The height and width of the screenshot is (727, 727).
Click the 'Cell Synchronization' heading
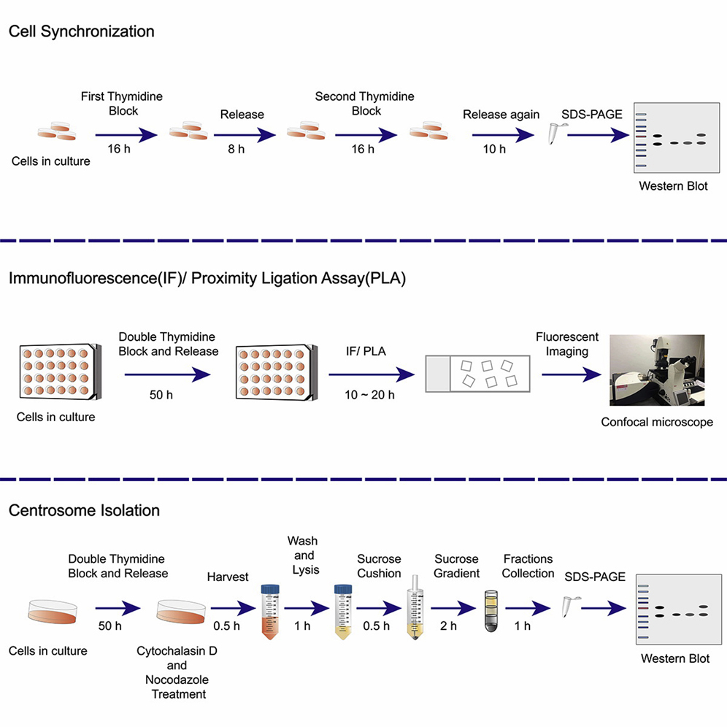pyautogui.click(x=81, y=31)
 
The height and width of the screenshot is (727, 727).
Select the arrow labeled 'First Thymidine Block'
pyautogui.click(x=126, y=134)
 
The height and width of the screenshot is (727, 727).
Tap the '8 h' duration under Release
pyautogui.click(x=242, y=150)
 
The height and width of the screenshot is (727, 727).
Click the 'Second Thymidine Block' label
pyautogui.click(x=364, y=104)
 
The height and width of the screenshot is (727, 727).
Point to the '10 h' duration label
pyautogui.click(x=494, y=150)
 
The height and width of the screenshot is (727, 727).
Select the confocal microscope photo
pyautogui.click(x=657, y=370)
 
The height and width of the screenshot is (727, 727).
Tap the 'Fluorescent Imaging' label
pyautogui.click(x=567, y=344)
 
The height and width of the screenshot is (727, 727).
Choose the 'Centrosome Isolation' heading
pyautogui.click(x=84, y=510)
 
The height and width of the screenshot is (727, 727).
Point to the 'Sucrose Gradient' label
pyautogui.click(x=456, y=566)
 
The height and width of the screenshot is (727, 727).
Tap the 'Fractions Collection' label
pyautogui.click(x=528, y=566)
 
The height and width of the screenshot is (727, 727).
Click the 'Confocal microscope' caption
pyautogui.click(x=657, y=422)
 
